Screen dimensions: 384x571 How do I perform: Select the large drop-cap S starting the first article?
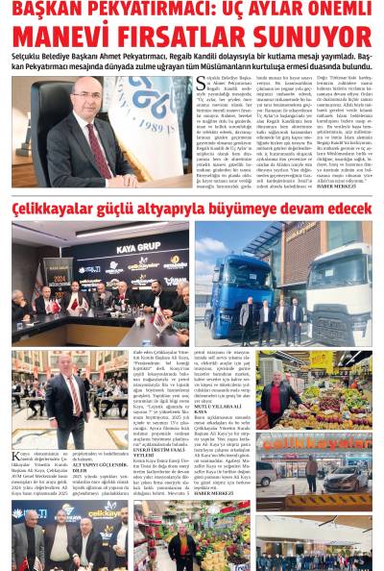click(201, 85)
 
